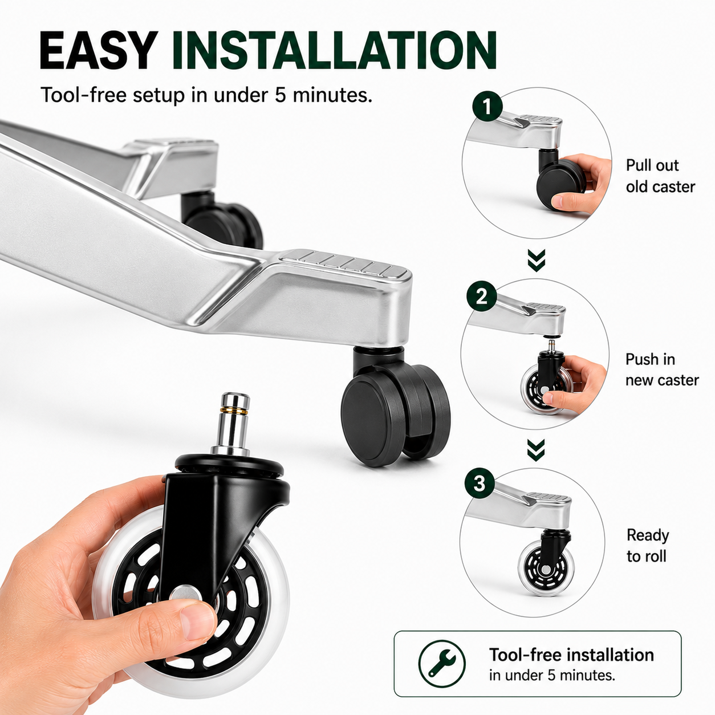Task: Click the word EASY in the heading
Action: tap(99, 51)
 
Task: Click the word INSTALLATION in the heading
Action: tap(334, 51)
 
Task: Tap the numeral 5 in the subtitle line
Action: tap(280, 95)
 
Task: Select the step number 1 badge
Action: tap(487, 107)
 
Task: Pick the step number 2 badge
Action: tap(482, 296)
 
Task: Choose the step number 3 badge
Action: tap(480, 484)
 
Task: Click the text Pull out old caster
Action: tap(660, 176)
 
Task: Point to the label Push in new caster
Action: tap(662, 369)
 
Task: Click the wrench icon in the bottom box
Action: tap(442, 664)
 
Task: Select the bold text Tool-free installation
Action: tap(571, 655)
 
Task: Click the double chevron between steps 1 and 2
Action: tap(536, 261)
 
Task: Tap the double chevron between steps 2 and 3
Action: tap(536, 450)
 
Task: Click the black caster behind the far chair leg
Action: tap(221, 220)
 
